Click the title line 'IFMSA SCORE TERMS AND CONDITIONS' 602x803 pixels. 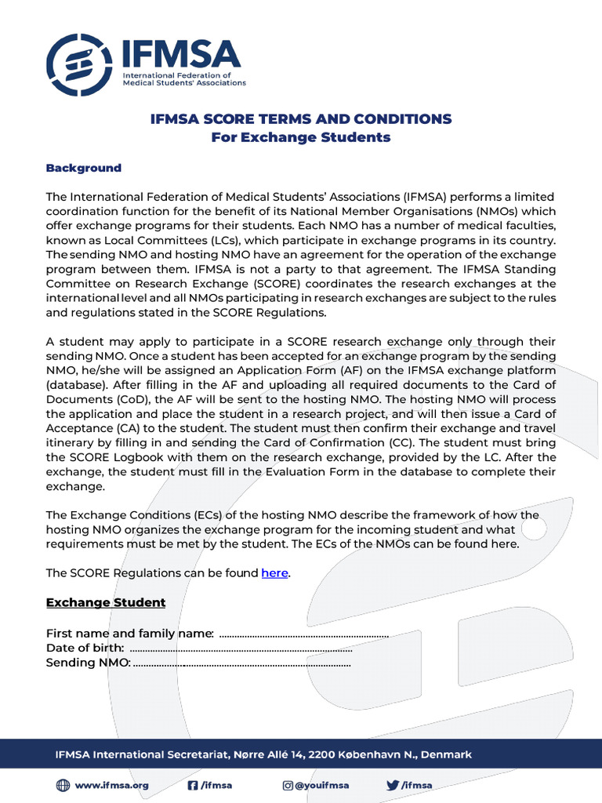301,119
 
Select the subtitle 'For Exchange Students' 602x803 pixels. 301,138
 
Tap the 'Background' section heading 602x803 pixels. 84,168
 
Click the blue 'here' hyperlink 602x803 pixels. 274,573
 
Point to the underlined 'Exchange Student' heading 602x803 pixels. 106,602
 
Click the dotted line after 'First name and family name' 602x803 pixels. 304,634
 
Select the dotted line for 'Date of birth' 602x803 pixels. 240,649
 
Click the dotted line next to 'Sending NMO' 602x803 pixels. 242,663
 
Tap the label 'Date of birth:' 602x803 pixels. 85,648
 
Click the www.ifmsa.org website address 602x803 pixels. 111,785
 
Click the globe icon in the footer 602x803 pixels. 63,785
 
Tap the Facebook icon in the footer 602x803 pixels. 192,785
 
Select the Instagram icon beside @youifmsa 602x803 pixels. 288,785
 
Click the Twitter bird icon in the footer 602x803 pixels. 392,785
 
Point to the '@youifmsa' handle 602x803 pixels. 321,785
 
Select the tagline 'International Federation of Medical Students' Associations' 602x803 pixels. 184,78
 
